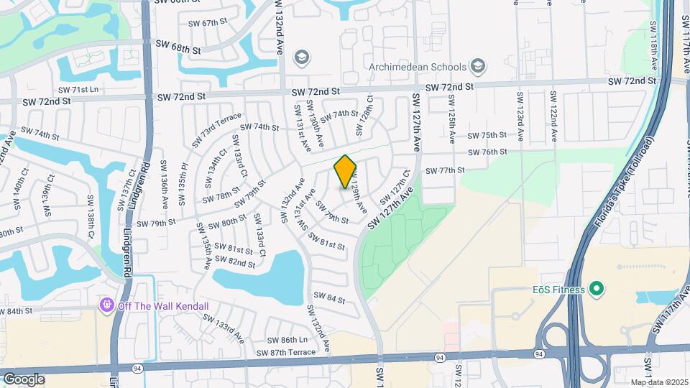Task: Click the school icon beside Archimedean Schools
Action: pos(477,68)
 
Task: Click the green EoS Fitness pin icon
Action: pos(595,289)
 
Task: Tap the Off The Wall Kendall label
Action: pos(164,306)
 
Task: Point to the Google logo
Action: pos(24,379)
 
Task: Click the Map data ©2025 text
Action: pos(658,382)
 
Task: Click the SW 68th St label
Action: pos(178,45)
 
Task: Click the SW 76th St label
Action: pos(487,152)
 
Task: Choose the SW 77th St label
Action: pos(446,170)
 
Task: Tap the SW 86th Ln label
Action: pos(287,339)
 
